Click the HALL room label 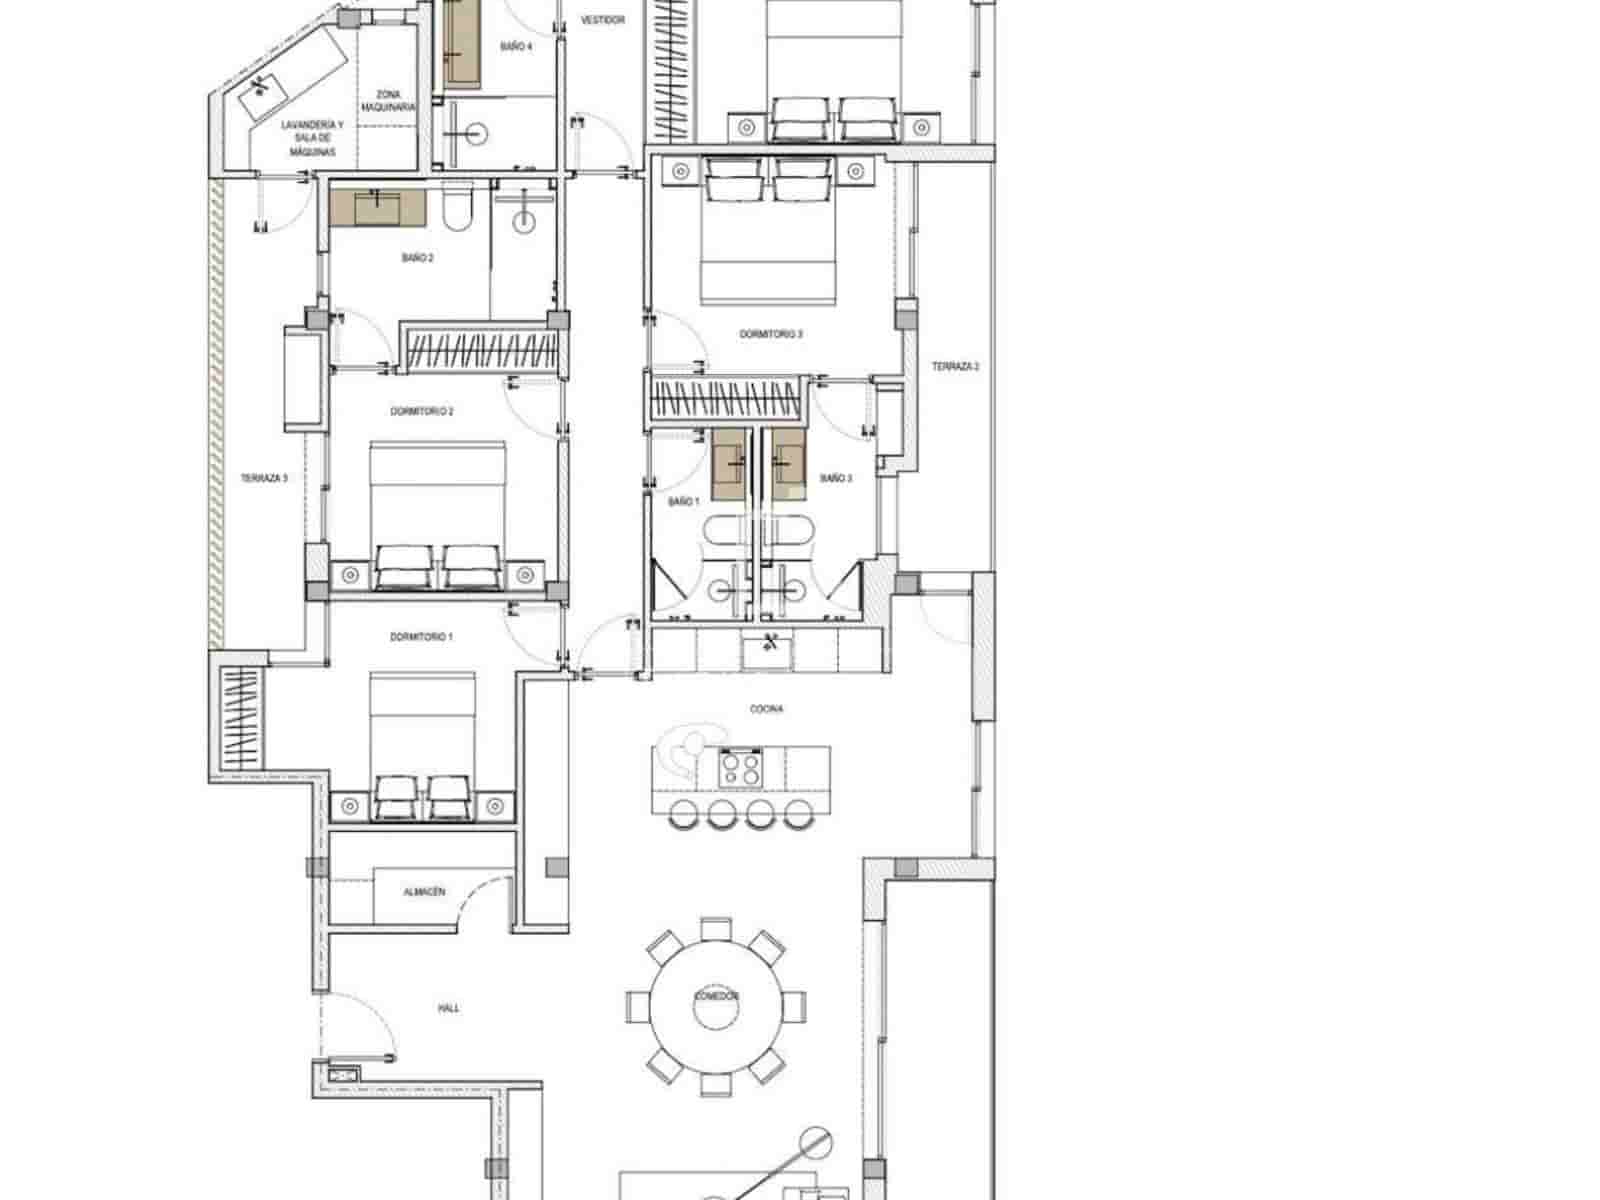click(x=449, y=1008)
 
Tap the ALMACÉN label click(x=425, y=891)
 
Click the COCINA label click(x=766, y=709)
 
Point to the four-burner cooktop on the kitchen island click(x=741, y=769)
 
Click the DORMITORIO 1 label click(x=421, y=636)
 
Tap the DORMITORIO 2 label click(x=422, y=411)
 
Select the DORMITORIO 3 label click(x=771, y=335)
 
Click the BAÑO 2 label click(x=418, y=258)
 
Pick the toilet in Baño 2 click(x=456, y=211)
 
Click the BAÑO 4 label click(x=515, y=46)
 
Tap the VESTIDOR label click(x=603, y=20)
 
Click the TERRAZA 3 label click(x=264, y=479)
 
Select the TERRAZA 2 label click(x=955, y=367)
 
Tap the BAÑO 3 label click(x=836, y=479)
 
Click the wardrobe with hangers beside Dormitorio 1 click(x=239, y=720)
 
